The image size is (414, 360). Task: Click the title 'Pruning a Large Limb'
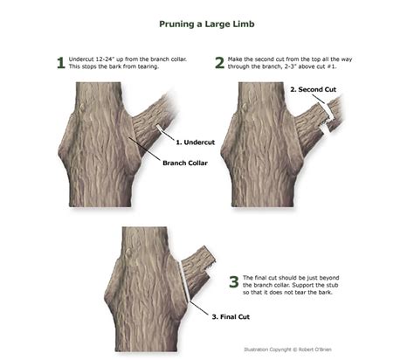(x=207, y=25)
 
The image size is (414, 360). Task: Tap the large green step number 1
(x=60, y=63)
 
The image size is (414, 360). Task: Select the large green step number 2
(x=218, y=63)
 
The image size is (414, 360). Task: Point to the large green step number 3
(x=233, y=281)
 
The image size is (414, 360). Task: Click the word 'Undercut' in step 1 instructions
(x=84, y=59)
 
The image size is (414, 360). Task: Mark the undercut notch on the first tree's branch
(x=159, y=128)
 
